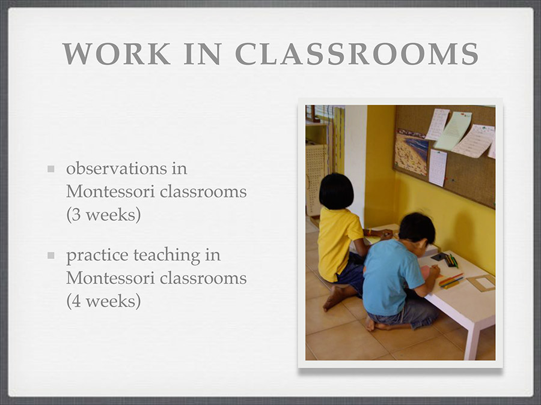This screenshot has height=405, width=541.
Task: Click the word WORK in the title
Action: (x=117, y=54)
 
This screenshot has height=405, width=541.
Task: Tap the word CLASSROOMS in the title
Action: (x=356, y=54)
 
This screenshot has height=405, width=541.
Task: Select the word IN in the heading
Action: (x=202, y=54)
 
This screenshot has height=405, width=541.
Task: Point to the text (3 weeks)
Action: (x=103, y=215)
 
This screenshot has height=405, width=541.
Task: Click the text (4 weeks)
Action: (x=103, y=301)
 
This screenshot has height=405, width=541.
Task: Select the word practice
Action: (x=97, y=256)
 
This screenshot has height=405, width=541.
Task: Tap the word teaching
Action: (x=167, y=256)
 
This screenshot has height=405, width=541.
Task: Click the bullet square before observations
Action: (x=51, y=169)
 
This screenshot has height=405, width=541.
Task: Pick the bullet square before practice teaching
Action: (x=51, y=256)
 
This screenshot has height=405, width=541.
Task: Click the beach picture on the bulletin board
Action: (x=411, y=152)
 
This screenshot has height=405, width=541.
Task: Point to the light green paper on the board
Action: (x=453, y=131)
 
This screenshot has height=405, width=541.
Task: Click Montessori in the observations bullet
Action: (x=111, y=191)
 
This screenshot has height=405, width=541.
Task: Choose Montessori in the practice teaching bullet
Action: (x=111, y=278)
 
